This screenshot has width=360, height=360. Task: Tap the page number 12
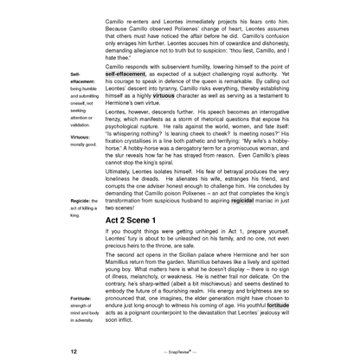coord(74,351)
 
